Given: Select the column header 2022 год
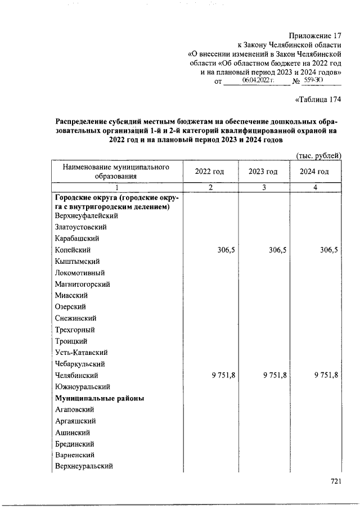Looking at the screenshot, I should [x=209, y=172].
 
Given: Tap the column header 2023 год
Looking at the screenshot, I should [x=263, y=172].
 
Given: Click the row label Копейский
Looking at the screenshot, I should [x=73, y=250].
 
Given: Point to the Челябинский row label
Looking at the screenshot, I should [x=77, y=375].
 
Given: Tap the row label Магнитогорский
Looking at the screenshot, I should [x=82, y=284].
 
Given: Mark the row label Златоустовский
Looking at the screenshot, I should [x=81, y=227].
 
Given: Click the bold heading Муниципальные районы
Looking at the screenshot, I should [x=100, y=398].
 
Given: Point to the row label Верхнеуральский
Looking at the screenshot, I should [x=84, y=466].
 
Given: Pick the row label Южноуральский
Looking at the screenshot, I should [x=82, y=386].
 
